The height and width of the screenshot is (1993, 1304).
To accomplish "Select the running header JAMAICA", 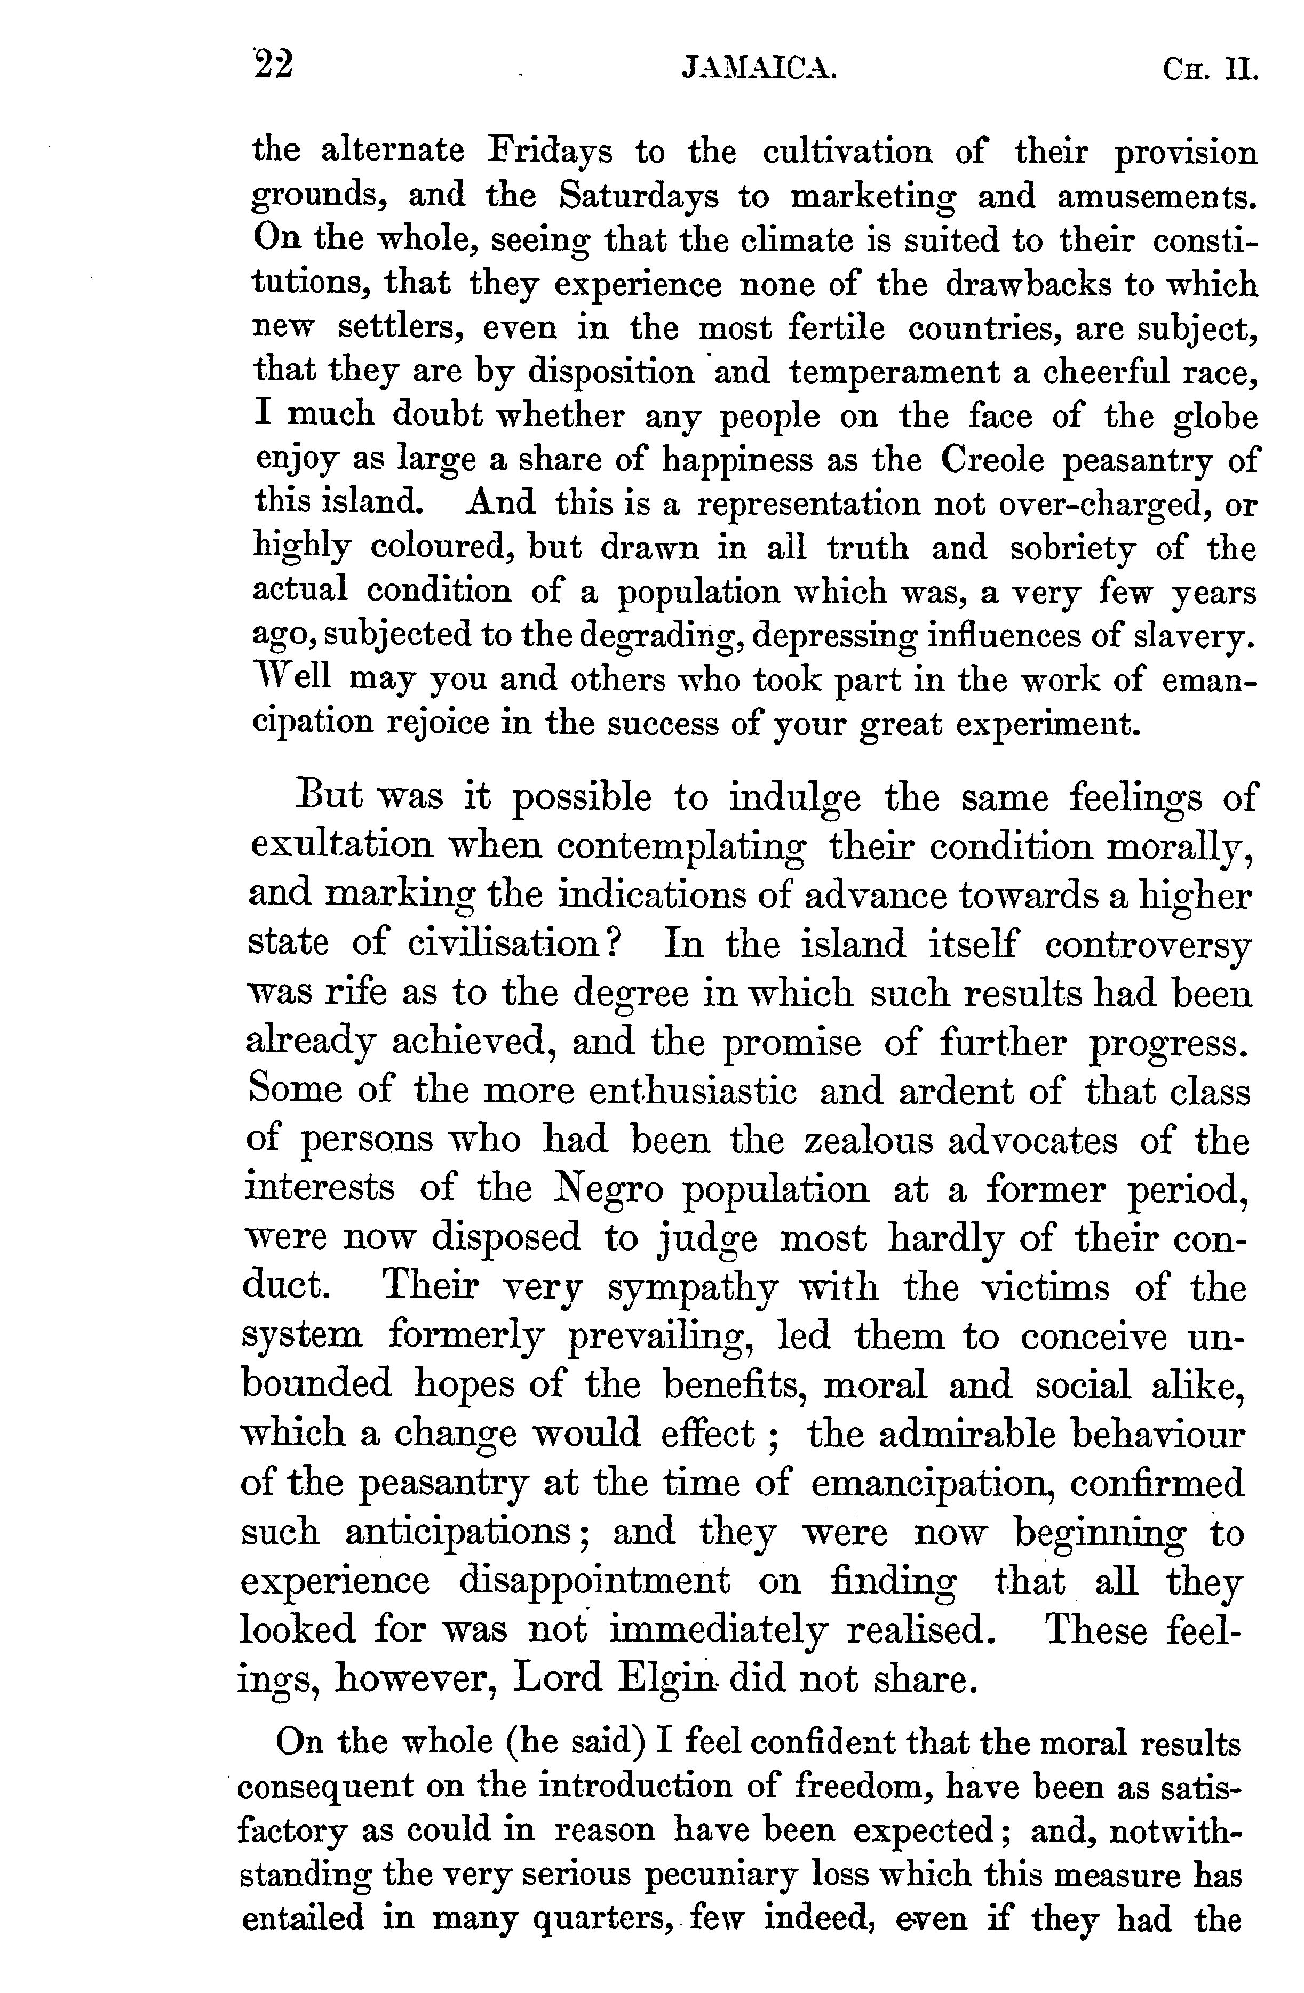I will (x=760, y=69).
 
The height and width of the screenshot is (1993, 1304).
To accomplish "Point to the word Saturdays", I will (x=639, y=196).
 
